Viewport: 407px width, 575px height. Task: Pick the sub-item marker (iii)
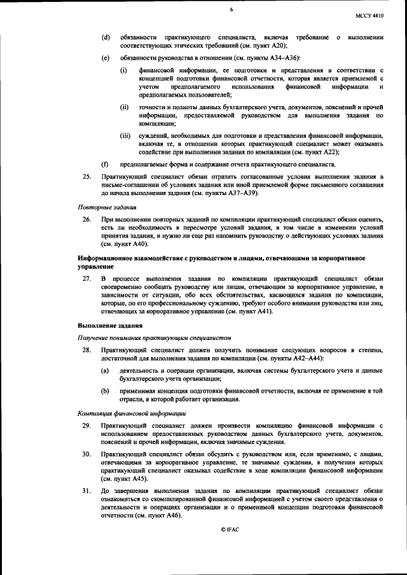(x=125, y=136)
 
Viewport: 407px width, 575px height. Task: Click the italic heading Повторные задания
(x=105, y=207)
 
